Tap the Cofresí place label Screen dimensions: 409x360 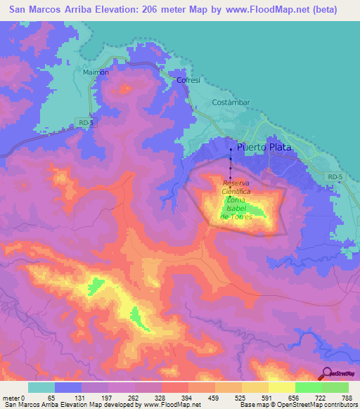coord(188,81)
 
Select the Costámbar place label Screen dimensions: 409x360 coord(231,102)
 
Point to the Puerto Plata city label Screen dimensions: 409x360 coord(264,148)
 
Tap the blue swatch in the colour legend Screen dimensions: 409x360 coord(68,387)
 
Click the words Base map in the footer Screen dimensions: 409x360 coord(252,405)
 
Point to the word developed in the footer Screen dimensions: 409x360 coord(114,405)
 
